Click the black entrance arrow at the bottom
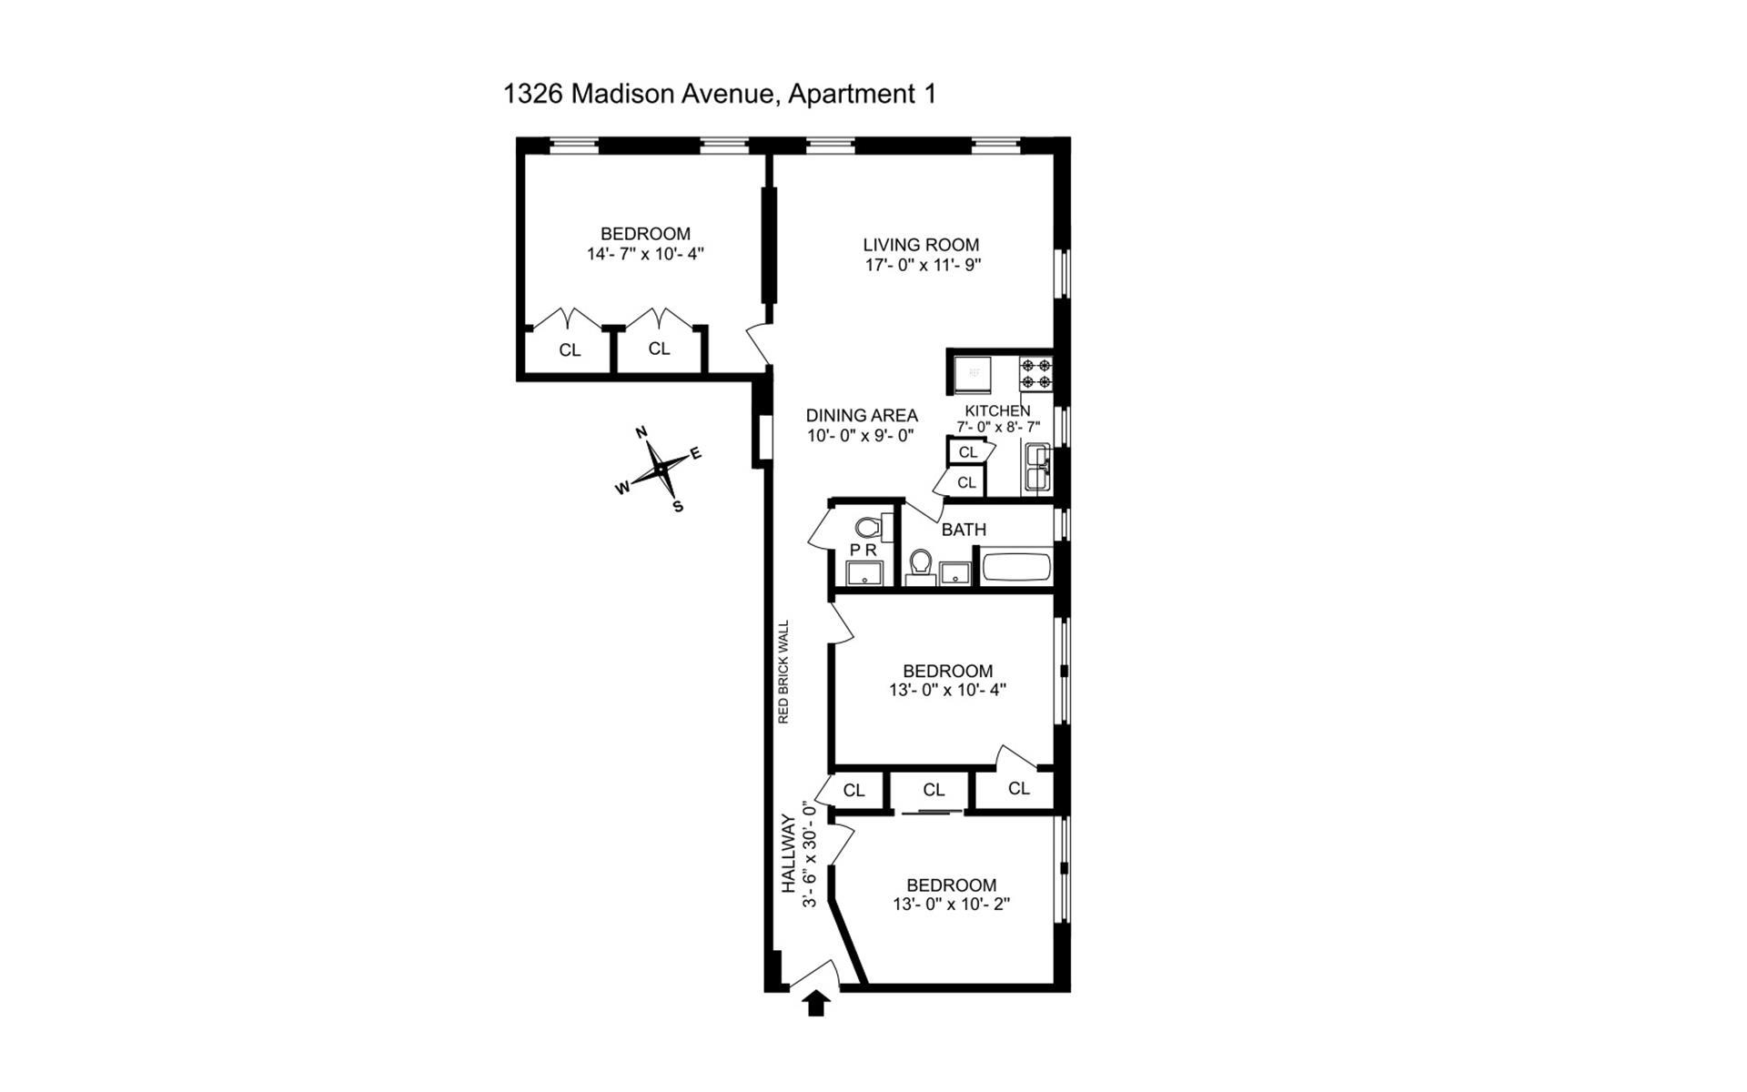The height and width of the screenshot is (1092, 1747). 816,1003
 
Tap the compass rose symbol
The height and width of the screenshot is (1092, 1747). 659,469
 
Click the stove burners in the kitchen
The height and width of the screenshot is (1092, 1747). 1035,373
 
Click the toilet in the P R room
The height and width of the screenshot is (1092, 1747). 869,527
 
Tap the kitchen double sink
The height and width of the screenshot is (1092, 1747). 1037,468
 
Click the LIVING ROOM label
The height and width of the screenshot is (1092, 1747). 921,245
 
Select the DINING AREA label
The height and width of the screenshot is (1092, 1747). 862,416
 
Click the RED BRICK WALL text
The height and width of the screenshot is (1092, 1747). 783,672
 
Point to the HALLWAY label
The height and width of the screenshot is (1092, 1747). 789,854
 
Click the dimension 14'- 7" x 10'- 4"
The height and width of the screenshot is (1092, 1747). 645,254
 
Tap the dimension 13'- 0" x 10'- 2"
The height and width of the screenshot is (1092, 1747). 951,905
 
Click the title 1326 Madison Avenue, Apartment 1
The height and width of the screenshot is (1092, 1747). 719,94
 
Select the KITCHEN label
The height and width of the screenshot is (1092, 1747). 997,410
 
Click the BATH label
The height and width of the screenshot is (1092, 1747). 964,530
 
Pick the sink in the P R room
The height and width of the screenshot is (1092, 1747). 863,573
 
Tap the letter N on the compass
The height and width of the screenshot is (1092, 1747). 641,432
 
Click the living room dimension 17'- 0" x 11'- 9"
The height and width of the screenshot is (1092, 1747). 923,266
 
